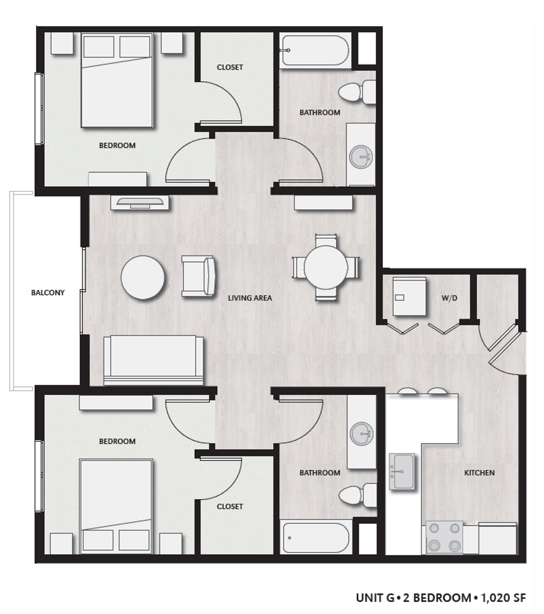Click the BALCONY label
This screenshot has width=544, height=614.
click(x=48, y=292)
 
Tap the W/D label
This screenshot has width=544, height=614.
click(x=449, y=298)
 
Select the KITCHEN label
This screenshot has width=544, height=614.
click(x=479, y=473)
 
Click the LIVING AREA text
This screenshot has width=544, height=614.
click(x=250, y=298)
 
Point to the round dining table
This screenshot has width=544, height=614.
click(x=326, y=267)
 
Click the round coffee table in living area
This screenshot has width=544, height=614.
click(x=143, y=278)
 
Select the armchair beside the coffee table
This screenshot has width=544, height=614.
click(x=198, y=276)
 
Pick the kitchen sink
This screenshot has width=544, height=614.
click(x=402, y=471)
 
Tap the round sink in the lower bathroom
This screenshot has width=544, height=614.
click(x=361, y=434)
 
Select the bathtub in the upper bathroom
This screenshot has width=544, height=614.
click(x=314, y=50)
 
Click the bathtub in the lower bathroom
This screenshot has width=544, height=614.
click(x=315, y=538)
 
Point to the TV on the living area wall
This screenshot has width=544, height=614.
click(x=140, y=203)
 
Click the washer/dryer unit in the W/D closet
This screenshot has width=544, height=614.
click(x=409, y=296)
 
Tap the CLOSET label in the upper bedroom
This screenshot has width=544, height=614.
click(x=230, y=67)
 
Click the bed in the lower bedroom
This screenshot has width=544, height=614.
click(x=116, y=506)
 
